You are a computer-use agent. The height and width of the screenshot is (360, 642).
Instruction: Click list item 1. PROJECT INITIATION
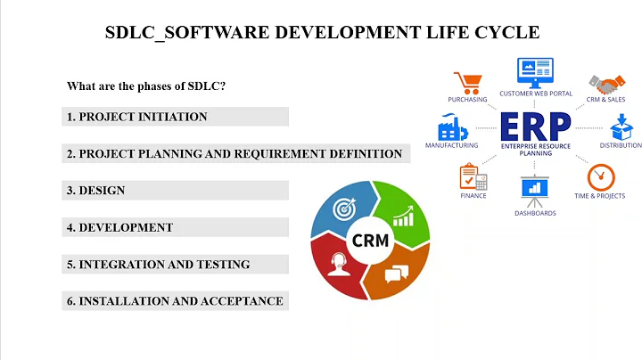click(136, 117)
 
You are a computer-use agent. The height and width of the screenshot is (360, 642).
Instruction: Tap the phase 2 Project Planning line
click(235, 153)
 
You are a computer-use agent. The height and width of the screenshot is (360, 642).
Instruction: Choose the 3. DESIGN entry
click(95, 191)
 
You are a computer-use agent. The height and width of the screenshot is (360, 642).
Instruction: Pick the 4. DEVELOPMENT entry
click(119, 227)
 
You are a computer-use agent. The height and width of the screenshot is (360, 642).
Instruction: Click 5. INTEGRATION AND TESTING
click(158, 265)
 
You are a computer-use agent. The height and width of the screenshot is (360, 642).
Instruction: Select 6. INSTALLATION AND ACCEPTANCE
click(175, 301)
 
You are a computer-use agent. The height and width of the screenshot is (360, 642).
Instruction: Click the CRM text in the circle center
click(370, 241)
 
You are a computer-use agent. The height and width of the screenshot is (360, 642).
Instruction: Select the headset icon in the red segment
click(339, 266)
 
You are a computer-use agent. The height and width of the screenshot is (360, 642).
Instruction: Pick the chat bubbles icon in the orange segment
click(397, 273)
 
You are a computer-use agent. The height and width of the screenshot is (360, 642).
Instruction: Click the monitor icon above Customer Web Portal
click(535, 70)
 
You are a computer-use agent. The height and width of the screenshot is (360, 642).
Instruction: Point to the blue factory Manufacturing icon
click(451, 126)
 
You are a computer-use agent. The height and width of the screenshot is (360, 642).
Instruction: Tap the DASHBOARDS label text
click(535, 213)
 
